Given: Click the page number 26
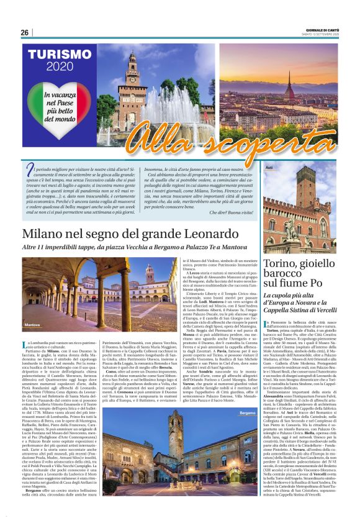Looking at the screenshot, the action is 24,32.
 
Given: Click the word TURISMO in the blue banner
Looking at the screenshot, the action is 59,56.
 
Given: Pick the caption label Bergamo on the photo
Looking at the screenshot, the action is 248,413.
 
